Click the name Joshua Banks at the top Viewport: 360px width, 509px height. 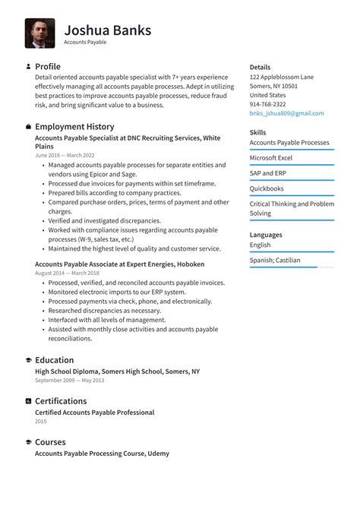point(107,30)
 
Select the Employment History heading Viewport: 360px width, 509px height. point(74,126)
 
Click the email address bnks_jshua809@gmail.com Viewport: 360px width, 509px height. point(286,113)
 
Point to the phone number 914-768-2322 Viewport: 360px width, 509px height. point(268,104)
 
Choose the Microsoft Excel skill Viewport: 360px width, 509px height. point(271,157)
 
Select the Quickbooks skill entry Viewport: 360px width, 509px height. point(267,188)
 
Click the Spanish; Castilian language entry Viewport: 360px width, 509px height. point(275,260)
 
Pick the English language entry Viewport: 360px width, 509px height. point(261,245)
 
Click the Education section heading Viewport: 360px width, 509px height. point(55,360)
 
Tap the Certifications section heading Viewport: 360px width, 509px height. point(61,400)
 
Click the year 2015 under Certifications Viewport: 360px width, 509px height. point(41,421)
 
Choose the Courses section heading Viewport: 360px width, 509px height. point(50,441)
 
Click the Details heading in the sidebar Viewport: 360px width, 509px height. point(260,68)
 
